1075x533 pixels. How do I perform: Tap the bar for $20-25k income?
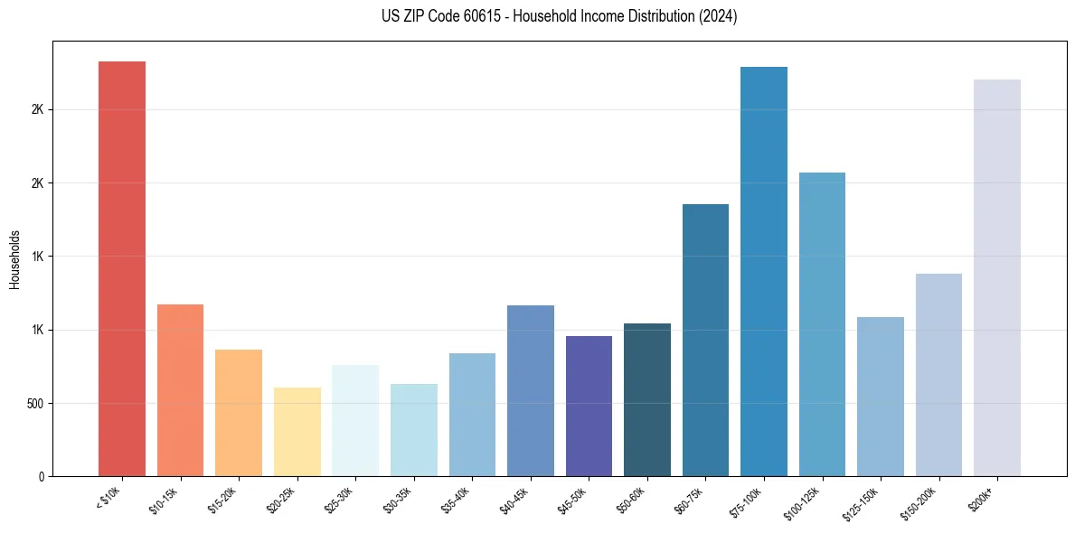pos(297,432)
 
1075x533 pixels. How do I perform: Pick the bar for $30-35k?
pos(413,430)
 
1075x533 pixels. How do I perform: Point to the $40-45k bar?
pos(530,390)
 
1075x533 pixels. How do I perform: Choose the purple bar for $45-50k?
pos(589,406)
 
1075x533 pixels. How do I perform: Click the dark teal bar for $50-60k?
pos(646,399)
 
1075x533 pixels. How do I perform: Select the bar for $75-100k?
pos(763,271)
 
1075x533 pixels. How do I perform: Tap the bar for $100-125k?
pos(822,324)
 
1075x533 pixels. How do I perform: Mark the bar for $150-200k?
pos(938,375)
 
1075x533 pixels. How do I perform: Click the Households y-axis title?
pos(15,259)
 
